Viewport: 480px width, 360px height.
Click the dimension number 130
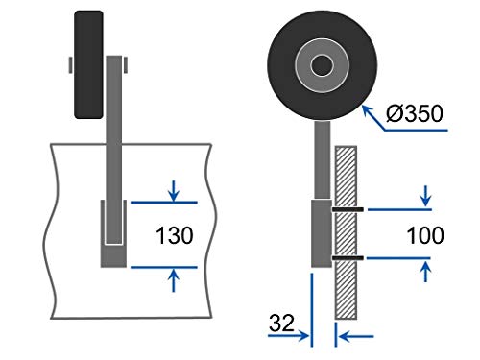tap(175, 235)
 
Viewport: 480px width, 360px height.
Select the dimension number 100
tap(425, 235)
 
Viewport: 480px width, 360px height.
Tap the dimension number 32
tap(281, 323)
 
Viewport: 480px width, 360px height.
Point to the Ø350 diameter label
tap(415, 113)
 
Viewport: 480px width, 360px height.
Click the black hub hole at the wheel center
tap(322, 65)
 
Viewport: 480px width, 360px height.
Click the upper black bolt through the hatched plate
tap(348, 209)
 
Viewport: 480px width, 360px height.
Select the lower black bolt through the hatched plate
tap(348, 258)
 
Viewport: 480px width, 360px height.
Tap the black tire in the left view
tap(88, 64)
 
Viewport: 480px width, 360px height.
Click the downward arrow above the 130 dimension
tap(174, 191)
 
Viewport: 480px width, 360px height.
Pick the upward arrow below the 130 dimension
tap(174, 280)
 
